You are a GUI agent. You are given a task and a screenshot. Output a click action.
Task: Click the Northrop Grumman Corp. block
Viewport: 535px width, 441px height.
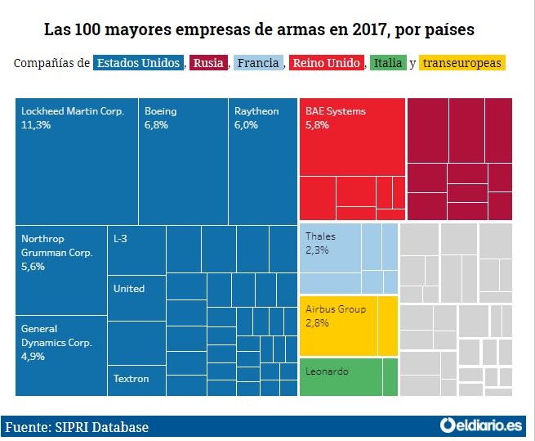tap(61, 269)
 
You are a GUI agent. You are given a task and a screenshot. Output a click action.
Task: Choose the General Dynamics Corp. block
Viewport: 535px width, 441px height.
tap(61, 355)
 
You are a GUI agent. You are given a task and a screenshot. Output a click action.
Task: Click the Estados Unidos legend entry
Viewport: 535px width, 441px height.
tap(138, 63)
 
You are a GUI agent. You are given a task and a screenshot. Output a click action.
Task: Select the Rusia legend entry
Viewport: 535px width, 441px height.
tap(209, 63)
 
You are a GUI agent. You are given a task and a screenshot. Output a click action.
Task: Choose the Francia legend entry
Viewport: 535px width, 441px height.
tap(258, 63)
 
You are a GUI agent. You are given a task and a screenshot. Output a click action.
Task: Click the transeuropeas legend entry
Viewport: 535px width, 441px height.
tap(462, 63)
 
